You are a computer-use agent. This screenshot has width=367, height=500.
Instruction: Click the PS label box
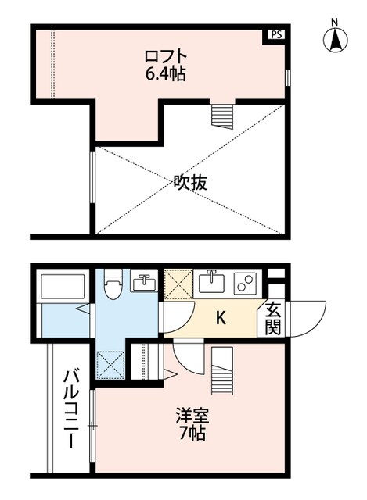pos(275,34)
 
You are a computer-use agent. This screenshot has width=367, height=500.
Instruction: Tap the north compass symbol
pos(334,39)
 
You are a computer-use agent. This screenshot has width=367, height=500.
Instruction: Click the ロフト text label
pos(166,57)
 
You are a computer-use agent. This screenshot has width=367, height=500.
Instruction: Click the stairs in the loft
pos(222,116)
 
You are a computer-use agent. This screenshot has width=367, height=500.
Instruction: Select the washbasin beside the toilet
pos(144,282)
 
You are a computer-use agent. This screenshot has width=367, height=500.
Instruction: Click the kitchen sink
pos(211,281)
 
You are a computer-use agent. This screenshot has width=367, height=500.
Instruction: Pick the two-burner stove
pos(246,283)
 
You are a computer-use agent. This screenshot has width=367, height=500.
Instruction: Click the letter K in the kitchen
pos(221,318)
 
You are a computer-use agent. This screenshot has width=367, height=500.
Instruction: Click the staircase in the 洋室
pos(222,371)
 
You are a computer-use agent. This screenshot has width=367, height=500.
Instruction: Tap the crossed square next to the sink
pos(176,282)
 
